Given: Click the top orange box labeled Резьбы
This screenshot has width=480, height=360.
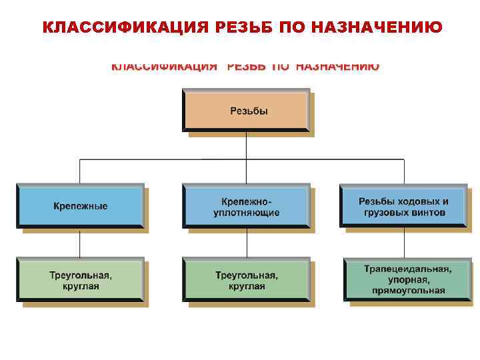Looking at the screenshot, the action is pos(246,111).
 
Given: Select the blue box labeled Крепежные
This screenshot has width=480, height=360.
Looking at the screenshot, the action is pos(80,206).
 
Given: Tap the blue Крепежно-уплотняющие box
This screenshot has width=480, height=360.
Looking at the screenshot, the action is pos(246,206).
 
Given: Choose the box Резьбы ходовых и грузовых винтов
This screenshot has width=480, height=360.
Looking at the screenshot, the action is pos(403,206).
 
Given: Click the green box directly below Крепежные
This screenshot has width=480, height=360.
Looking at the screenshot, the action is pos(80,280).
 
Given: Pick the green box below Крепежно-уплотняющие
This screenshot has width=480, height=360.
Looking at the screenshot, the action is pos(246,280).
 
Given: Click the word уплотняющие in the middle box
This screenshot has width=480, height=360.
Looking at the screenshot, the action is pos(246,213).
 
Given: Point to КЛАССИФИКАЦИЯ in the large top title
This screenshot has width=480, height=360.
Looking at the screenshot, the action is pos(125,27).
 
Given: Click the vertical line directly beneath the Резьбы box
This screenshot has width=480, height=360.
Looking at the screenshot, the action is pos(247,145).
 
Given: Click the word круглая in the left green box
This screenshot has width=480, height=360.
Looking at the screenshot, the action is pos(80,287).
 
